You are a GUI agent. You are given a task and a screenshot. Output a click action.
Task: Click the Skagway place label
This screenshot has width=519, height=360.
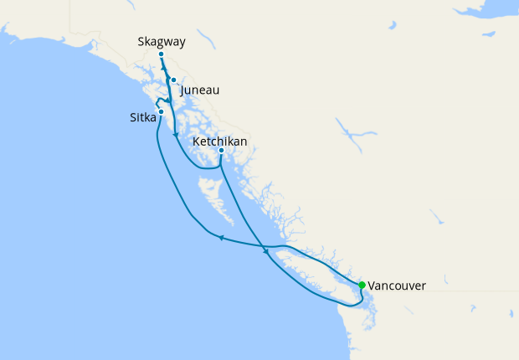(161, 41)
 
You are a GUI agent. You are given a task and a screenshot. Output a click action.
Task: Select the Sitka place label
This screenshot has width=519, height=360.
(142, 119)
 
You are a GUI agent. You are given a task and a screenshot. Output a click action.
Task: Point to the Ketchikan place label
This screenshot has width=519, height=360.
(219, 141)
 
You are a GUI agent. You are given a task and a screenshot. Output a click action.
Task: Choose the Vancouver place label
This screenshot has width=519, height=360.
(397, 285)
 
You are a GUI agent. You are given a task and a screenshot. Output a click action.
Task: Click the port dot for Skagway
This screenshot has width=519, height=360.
(161, 54)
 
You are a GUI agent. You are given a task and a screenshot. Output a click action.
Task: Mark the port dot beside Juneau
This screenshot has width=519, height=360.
(173, 80)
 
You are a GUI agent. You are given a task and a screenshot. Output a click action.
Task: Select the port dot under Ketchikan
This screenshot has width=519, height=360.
(221, 151)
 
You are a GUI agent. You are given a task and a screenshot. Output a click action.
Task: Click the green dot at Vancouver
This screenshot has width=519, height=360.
(362, 285)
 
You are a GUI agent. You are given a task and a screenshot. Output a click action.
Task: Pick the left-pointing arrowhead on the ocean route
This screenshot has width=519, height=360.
(220, 238)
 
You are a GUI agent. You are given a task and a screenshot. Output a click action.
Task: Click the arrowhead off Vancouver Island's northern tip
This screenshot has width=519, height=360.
(266, 250)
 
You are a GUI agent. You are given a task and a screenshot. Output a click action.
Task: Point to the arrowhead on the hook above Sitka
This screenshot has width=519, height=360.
(168, 100)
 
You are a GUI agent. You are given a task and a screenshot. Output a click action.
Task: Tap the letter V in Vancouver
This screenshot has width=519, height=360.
(372, 285)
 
